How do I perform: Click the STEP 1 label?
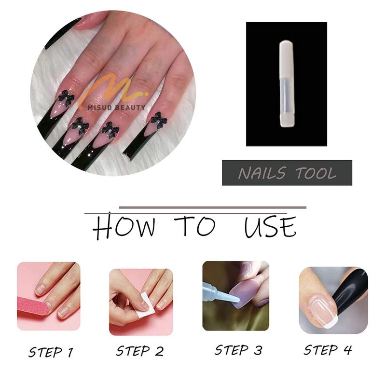click(51, 352)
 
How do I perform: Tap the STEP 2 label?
click(140, 351)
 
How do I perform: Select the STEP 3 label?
click(238, 350)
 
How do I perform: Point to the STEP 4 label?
click(328, 350)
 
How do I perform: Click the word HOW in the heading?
click(124, 226)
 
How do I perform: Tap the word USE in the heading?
click(270, 226)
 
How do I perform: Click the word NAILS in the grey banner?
click(262, 173)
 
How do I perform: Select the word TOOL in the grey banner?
click(316, 173)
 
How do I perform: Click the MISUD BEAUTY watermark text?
click(116, 107)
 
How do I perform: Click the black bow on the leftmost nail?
click(66, 97)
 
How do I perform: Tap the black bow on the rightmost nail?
click(159, 121)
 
